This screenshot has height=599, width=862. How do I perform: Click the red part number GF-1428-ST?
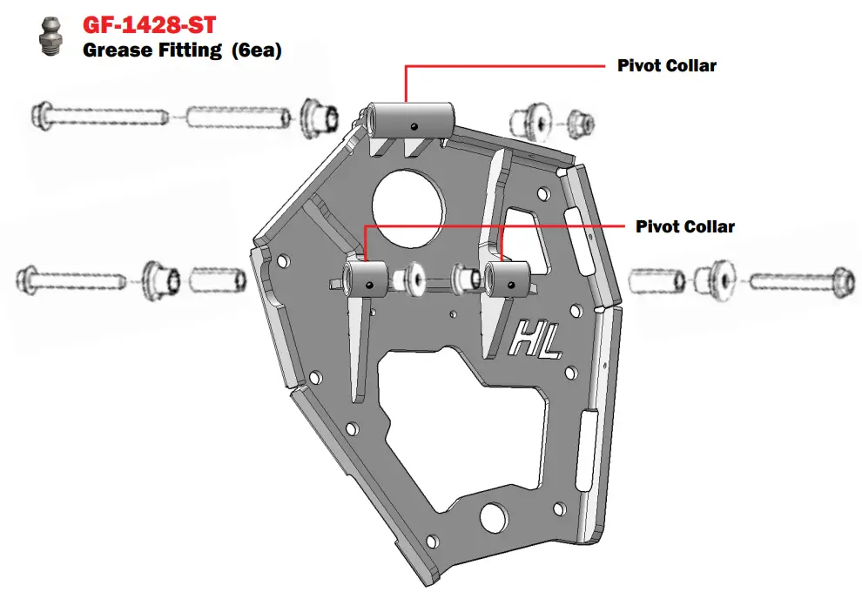pos(148,24)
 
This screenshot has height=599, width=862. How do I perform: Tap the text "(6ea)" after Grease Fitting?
pos(257,50)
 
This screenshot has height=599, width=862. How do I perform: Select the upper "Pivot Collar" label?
pos(667,65)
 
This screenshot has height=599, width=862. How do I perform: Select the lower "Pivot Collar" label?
pos(685,226)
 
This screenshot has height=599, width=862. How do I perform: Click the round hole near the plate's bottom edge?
pos(494,516)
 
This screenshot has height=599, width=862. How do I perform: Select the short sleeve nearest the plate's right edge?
pos(653,280)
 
